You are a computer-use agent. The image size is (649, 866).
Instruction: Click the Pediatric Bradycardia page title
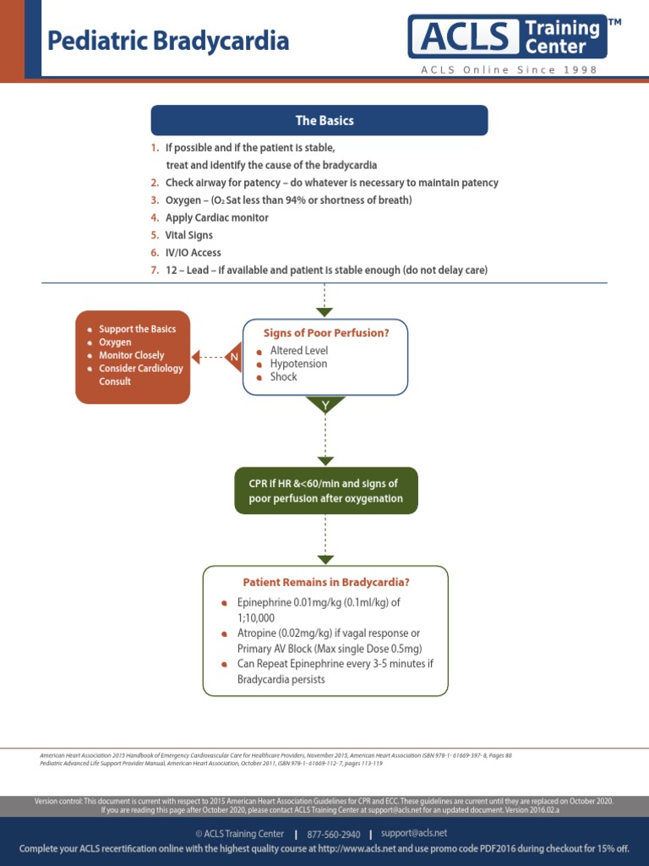tap(167, 41)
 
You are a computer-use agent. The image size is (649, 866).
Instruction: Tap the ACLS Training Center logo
tap(507, 36)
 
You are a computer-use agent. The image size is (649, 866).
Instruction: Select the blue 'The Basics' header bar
tap(319, 120)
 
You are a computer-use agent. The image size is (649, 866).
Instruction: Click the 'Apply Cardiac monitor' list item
tap(216, 217)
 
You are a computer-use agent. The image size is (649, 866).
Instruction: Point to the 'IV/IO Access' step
tap(193, 253)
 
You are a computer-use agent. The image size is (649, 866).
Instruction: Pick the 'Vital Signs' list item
tap(188, 235)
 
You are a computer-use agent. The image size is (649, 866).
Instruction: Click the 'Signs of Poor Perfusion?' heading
tap(326, 333)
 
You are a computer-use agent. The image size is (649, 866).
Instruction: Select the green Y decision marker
tap(325, 406)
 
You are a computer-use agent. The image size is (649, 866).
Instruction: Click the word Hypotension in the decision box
tap(298, 364)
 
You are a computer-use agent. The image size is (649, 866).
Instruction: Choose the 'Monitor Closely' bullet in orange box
tap(131, 355)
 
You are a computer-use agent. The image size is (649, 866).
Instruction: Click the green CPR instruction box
tap(325, 491)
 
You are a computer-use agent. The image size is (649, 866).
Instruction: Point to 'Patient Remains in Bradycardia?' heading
tap(325, 582)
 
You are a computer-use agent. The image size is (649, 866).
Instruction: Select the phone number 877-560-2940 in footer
tap(333, 834)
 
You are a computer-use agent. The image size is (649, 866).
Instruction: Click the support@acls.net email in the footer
tap(414, 834)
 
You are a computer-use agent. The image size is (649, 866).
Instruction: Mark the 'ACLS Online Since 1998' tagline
tap(509, 70)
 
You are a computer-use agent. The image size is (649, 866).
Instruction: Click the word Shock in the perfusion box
tap(283, 377)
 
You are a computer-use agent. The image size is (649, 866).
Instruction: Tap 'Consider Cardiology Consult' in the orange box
tap(140, 375)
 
